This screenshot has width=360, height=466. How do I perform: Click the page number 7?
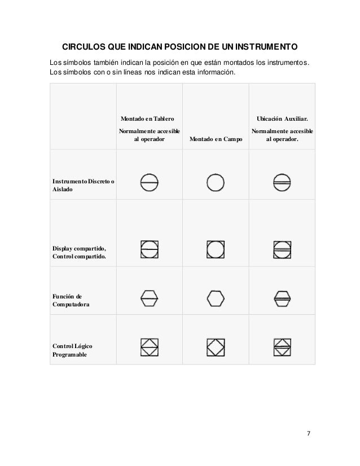[308, 433]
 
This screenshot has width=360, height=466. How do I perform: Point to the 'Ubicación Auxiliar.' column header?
[283, 119]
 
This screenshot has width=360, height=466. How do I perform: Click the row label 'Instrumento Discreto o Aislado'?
[83, 186]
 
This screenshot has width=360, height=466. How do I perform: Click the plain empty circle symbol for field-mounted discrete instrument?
[216, 182]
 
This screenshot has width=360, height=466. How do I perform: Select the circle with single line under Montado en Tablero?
[149, 182]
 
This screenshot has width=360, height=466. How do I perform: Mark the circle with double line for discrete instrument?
[283, 182]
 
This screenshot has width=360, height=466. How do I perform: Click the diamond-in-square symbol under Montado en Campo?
[216, 346]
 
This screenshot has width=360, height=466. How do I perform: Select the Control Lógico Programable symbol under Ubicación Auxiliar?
[283, 346]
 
